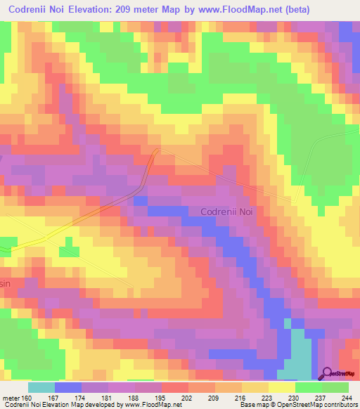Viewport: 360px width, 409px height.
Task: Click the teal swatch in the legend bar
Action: (41, 387)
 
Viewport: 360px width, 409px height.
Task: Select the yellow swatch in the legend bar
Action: (281, 387)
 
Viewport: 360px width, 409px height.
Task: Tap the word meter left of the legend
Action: (11, 397)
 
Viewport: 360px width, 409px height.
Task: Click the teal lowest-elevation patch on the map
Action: (299, 351)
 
